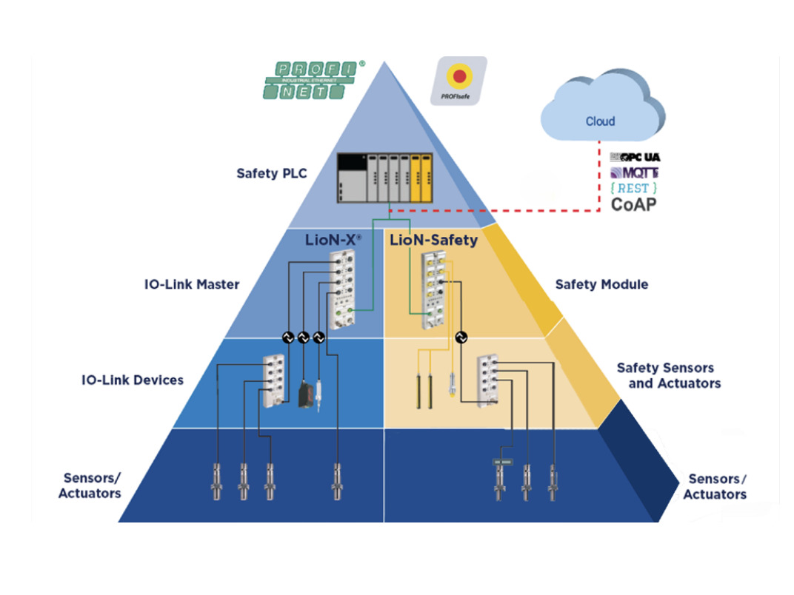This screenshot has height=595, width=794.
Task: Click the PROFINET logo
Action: [313, 80]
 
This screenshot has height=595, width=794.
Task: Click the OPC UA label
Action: [635, 157]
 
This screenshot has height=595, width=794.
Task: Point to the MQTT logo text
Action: [635, 172]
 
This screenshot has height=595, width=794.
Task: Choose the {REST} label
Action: [633, 188]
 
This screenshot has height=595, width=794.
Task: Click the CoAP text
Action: [634, 204]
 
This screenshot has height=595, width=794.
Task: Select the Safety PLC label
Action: [271, 174]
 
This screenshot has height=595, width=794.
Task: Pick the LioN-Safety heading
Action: [433, 241]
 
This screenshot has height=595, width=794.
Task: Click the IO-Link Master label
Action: [192, 284]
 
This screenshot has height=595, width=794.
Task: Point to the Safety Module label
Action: [601, 284]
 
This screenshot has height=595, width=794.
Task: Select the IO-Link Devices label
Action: [133, 380]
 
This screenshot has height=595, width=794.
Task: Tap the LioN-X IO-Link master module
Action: [343, 288]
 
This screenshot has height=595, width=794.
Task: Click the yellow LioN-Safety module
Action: [432, 289]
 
